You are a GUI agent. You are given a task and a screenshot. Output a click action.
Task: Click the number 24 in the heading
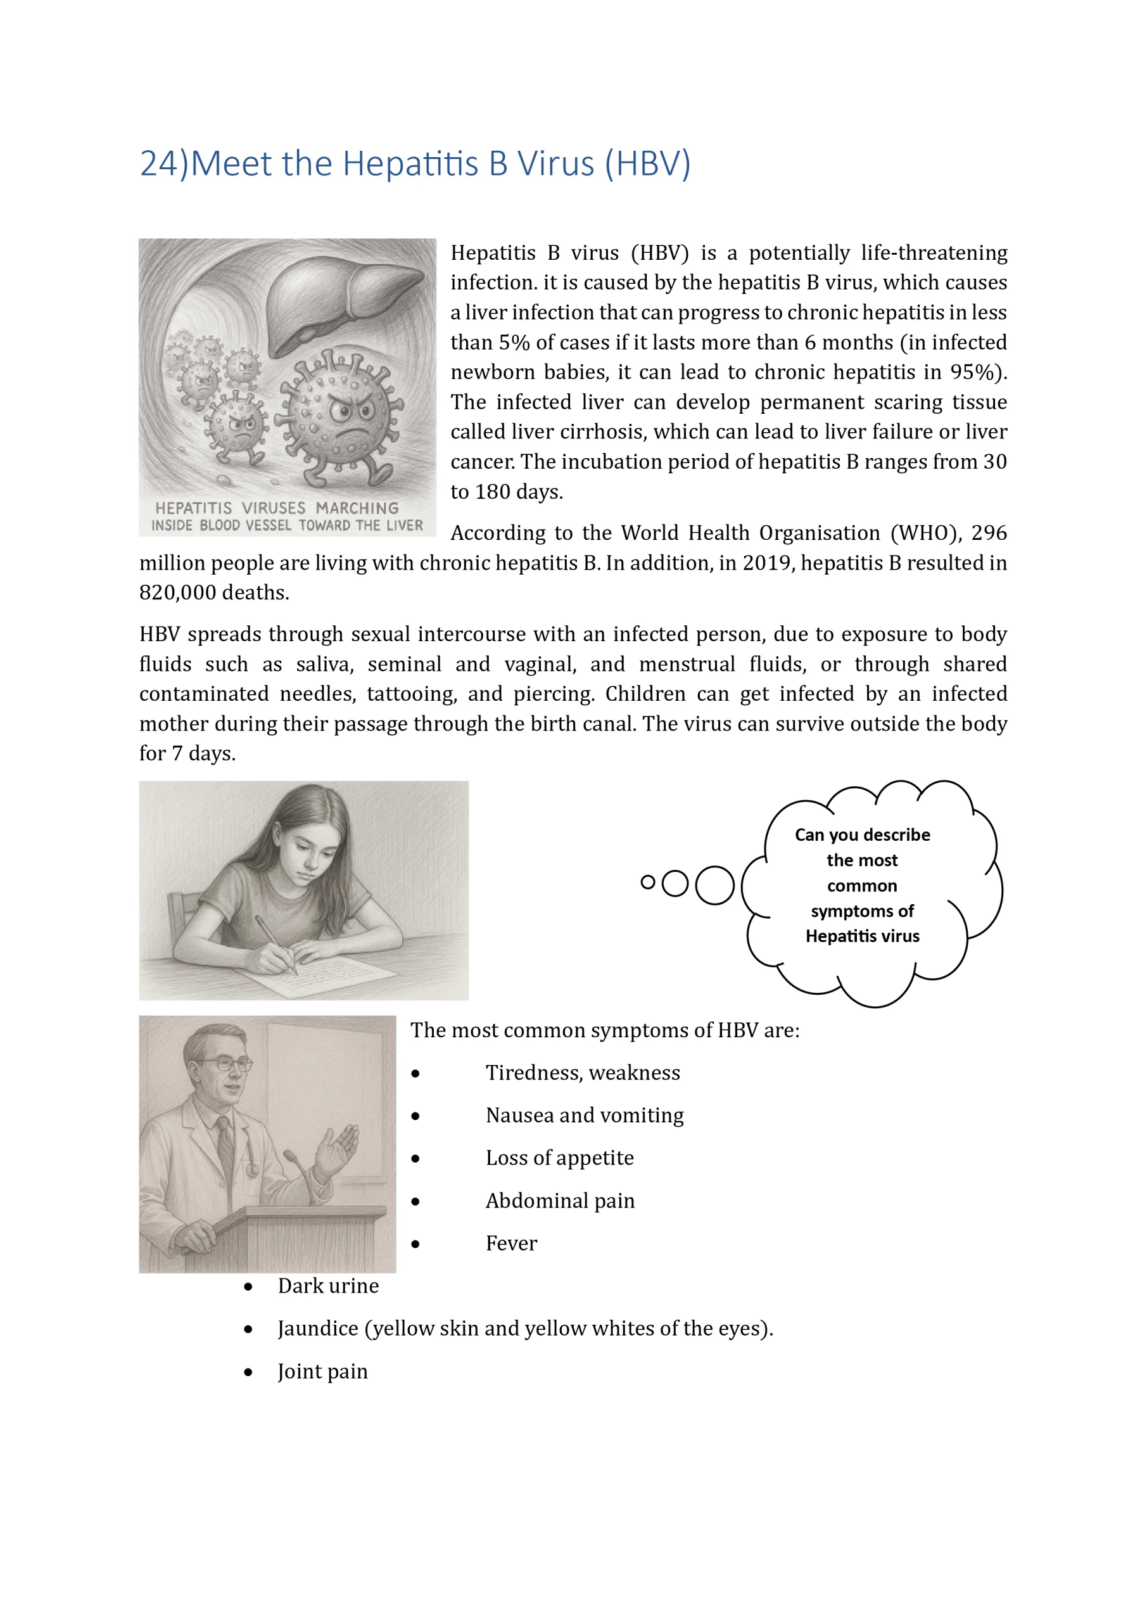(x=160, y=164)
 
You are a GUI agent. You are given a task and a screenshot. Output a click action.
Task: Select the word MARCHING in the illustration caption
(x=357, y=508)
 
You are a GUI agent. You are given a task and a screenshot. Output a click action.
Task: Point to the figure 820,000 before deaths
(x=177, y=592)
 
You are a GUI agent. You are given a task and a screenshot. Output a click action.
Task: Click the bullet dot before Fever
(x=415, y=1244)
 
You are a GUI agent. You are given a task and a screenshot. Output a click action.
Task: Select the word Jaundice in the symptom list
(x=318, y=1329)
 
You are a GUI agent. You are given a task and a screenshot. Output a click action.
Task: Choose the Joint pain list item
(x=322, y=1371)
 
